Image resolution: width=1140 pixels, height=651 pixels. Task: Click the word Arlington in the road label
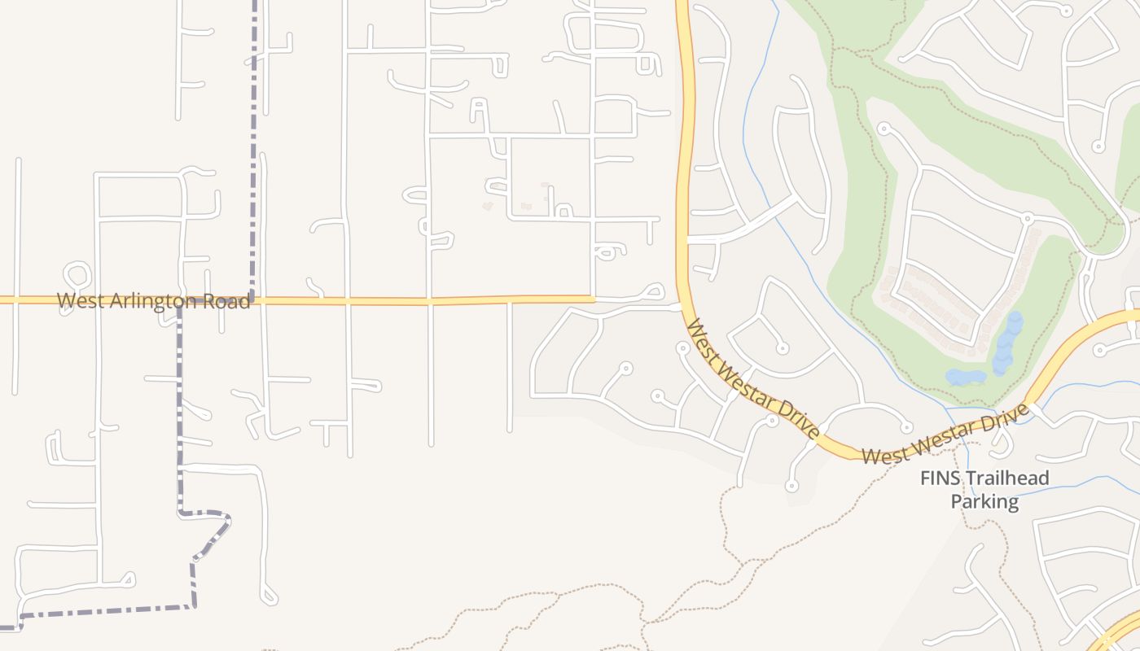tap(148, 301)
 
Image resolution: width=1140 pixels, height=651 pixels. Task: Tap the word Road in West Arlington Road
tap(227, 301)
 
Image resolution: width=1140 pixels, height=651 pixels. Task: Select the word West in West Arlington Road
tap(81, 300)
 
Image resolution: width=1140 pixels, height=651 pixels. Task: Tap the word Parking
tap(984, 501)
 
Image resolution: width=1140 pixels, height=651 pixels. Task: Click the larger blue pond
tap(1008, 342)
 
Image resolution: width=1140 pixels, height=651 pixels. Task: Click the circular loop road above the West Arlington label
tap(77, 274)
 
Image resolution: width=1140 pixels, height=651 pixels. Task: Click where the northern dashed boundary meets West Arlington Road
tap(253, 299)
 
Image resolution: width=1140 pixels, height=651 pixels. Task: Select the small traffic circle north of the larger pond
tap(1027, 218)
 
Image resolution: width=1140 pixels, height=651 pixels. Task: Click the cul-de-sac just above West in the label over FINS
tap(905, 427)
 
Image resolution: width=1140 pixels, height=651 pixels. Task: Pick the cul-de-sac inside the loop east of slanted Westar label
tap(782, 348)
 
